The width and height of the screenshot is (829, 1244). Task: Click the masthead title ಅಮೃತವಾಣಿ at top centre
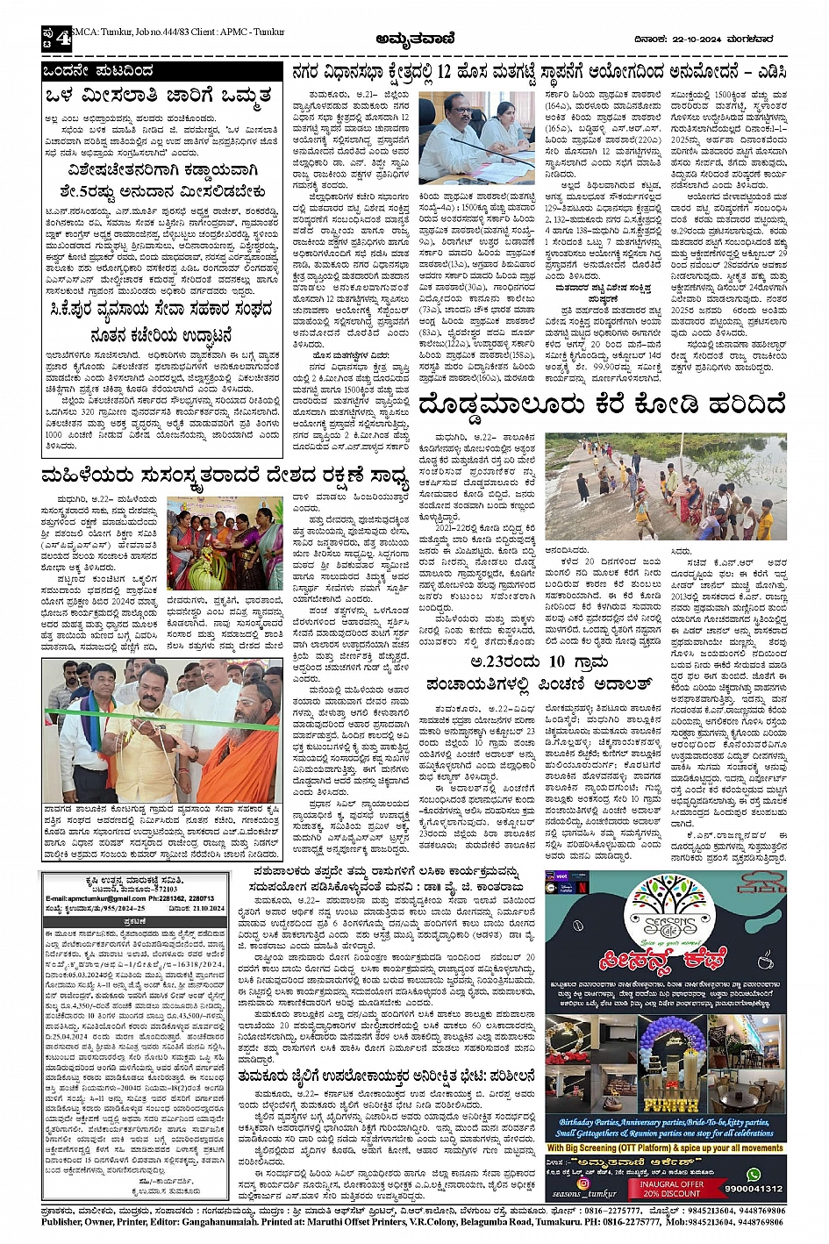coord(413,38)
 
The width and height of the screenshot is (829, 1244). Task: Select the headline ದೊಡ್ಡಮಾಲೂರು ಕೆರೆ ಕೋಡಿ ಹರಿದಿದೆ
coord(603,406)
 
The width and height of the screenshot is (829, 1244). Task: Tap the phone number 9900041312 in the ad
coord(754,1189)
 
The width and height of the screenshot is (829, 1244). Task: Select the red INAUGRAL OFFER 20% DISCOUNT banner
coord(673,1188)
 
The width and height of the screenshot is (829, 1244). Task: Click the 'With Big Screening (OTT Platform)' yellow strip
coord(665,1147)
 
